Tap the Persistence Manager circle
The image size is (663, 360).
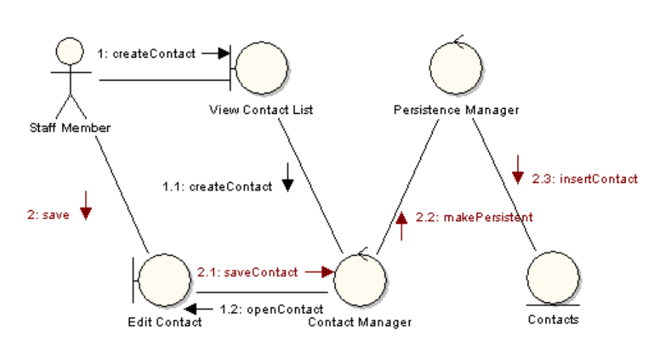point(455,63)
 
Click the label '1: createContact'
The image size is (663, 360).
point(146,53)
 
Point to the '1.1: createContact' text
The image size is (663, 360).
point(217,186)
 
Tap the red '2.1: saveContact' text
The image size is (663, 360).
point(247,272)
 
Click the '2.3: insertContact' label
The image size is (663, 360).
point(584,179)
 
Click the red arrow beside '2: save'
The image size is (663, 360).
point(86,205)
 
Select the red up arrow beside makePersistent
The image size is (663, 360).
point(402,224)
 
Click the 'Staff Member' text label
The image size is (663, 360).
point(70,128)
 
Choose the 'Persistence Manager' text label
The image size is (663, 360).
point(456,109)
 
